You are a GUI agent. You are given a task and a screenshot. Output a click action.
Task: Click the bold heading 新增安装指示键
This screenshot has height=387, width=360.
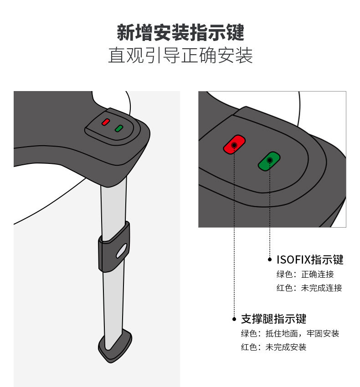point(180,32)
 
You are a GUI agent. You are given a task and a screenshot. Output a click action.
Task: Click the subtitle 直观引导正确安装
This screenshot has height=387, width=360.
point(180,55)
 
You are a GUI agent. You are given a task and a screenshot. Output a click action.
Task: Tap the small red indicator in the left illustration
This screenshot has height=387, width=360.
point(106,122)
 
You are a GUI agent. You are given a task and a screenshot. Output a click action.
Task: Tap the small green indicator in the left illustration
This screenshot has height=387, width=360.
point(119,128)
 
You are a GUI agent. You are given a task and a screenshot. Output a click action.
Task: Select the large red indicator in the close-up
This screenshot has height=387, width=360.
point(234,145)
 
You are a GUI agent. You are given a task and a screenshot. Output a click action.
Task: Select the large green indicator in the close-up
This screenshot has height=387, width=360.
point(269,161)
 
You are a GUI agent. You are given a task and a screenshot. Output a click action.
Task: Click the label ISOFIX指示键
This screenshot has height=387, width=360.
point(310,260)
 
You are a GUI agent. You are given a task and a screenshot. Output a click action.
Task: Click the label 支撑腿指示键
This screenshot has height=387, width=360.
point(273,319)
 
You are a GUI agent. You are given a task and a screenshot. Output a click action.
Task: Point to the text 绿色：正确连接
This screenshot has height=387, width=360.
point(305,274)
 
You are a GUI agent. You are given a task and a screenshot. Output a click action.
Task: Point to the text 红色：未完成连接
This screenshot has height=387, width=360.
point(309,288)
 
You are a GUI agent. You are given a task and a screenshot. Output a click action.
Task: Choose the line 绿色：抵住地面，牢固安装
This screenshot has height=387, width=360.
point(290,333)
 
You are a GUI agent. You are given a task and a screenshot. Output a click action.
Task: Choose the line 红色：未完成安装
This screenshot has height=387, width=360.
point(273,347)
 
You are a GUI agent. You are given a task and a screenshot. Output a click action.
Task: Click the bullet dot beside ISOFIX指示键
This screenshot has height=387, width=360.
point(270,260)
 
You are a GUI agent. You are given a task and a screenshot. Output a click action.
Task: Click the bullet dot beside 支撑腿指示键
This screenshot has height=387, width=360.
point(234,319)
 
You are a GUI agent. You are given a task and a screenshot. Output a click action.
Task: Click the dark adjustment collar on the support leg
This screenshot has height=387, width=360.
point(114,247)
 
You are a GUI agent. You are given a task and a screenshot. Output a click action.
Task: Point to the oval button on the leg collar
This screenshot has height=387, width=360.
point(122,251)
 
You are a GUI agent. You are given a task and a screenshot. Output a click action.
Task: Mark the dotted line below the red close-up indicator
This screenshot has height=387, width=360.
point(234,231)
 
